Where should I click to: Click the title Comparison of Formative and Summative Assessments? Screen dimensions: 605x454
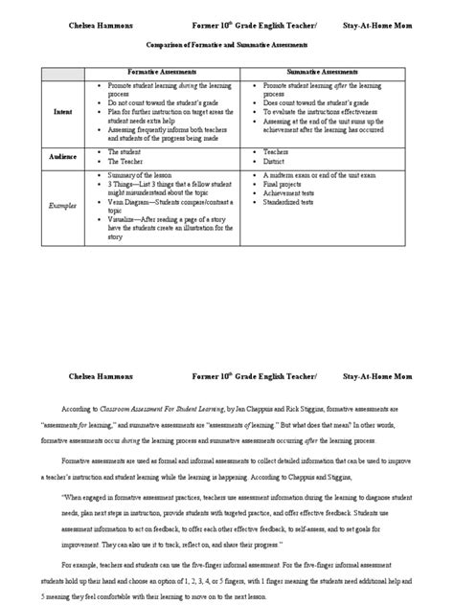click(x=226, y=44)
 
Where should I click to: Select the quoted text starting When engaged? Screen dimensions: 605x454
click(x=239, y=498)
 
